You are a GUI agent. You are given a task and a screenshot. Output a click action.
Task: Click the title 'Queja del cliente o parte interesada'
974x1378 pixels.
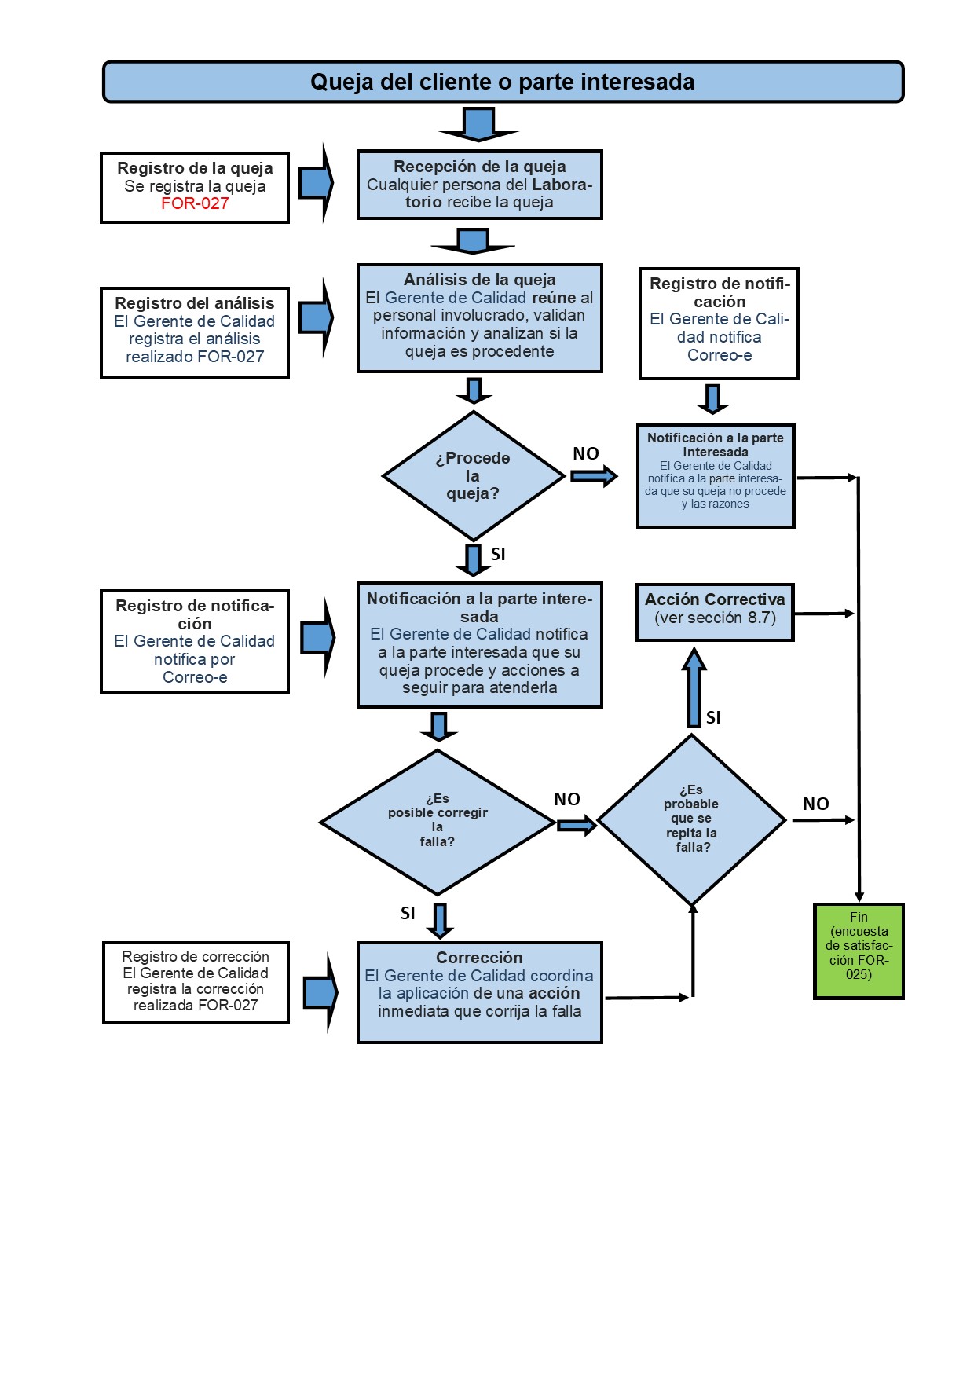503,82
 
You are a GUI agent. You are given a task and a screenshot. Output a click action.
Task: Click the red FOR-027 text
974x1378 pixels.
195,203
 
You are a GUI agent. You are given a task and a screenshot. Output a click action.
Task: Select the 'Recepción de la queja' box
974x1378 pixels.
480,185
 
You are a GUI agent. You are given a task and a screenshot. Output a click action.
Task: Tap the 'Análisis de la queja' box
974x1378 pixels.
480,317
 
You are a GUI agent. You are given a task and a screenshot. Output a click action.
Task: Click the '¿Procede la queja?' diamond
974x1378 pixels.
473,476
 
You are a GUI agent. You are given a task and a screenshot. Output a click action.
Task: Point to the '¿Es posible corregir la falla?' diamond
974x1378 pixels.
438,822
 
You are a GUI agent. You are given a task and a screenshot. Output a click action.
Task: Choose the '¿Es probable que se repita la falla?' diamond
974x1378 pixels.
692,819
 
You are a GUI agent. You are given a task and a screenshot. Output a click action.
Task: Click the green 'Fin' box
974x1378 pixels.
859,951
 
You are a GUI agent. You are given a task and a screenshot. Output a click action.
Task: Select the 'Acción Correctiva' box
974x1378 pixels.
715,612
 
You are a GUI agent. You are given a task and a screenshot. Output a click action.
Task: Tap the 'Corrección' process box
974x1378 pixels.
480,992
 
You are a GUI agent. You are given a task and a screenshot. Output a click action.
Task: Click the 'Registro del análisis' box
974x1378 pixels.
195,332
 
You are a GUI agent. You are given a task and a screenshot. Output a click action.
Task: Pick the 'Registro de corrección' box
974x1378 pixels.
196,982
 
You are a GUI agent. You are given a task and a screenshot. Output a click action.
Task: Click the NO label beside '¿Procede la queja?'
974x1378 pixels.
586,453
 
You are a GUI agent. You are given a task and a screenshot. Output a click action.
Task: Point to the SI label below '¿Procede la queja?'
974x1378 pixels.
498,555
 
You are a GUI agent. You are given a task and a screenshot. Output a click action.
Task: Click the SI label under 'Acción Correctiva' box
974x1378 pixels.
713,717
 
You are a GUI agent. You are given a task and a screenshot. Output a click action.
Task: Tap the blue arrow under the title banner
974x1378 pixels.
478,125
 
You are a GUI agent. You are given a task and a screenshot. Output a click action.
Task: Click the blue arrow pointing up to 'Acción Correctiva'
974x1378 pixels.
694,687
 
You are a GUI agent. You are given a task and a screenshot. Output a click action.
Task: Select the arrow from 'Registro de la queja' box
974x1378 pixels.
317,183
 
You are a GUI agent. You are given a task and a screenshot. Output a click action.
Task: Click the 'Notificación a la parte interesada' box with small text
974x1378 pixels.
716,476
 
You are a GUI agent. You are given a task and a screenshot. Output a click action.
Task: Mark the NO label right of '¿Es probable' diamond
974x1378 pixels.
816,804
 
